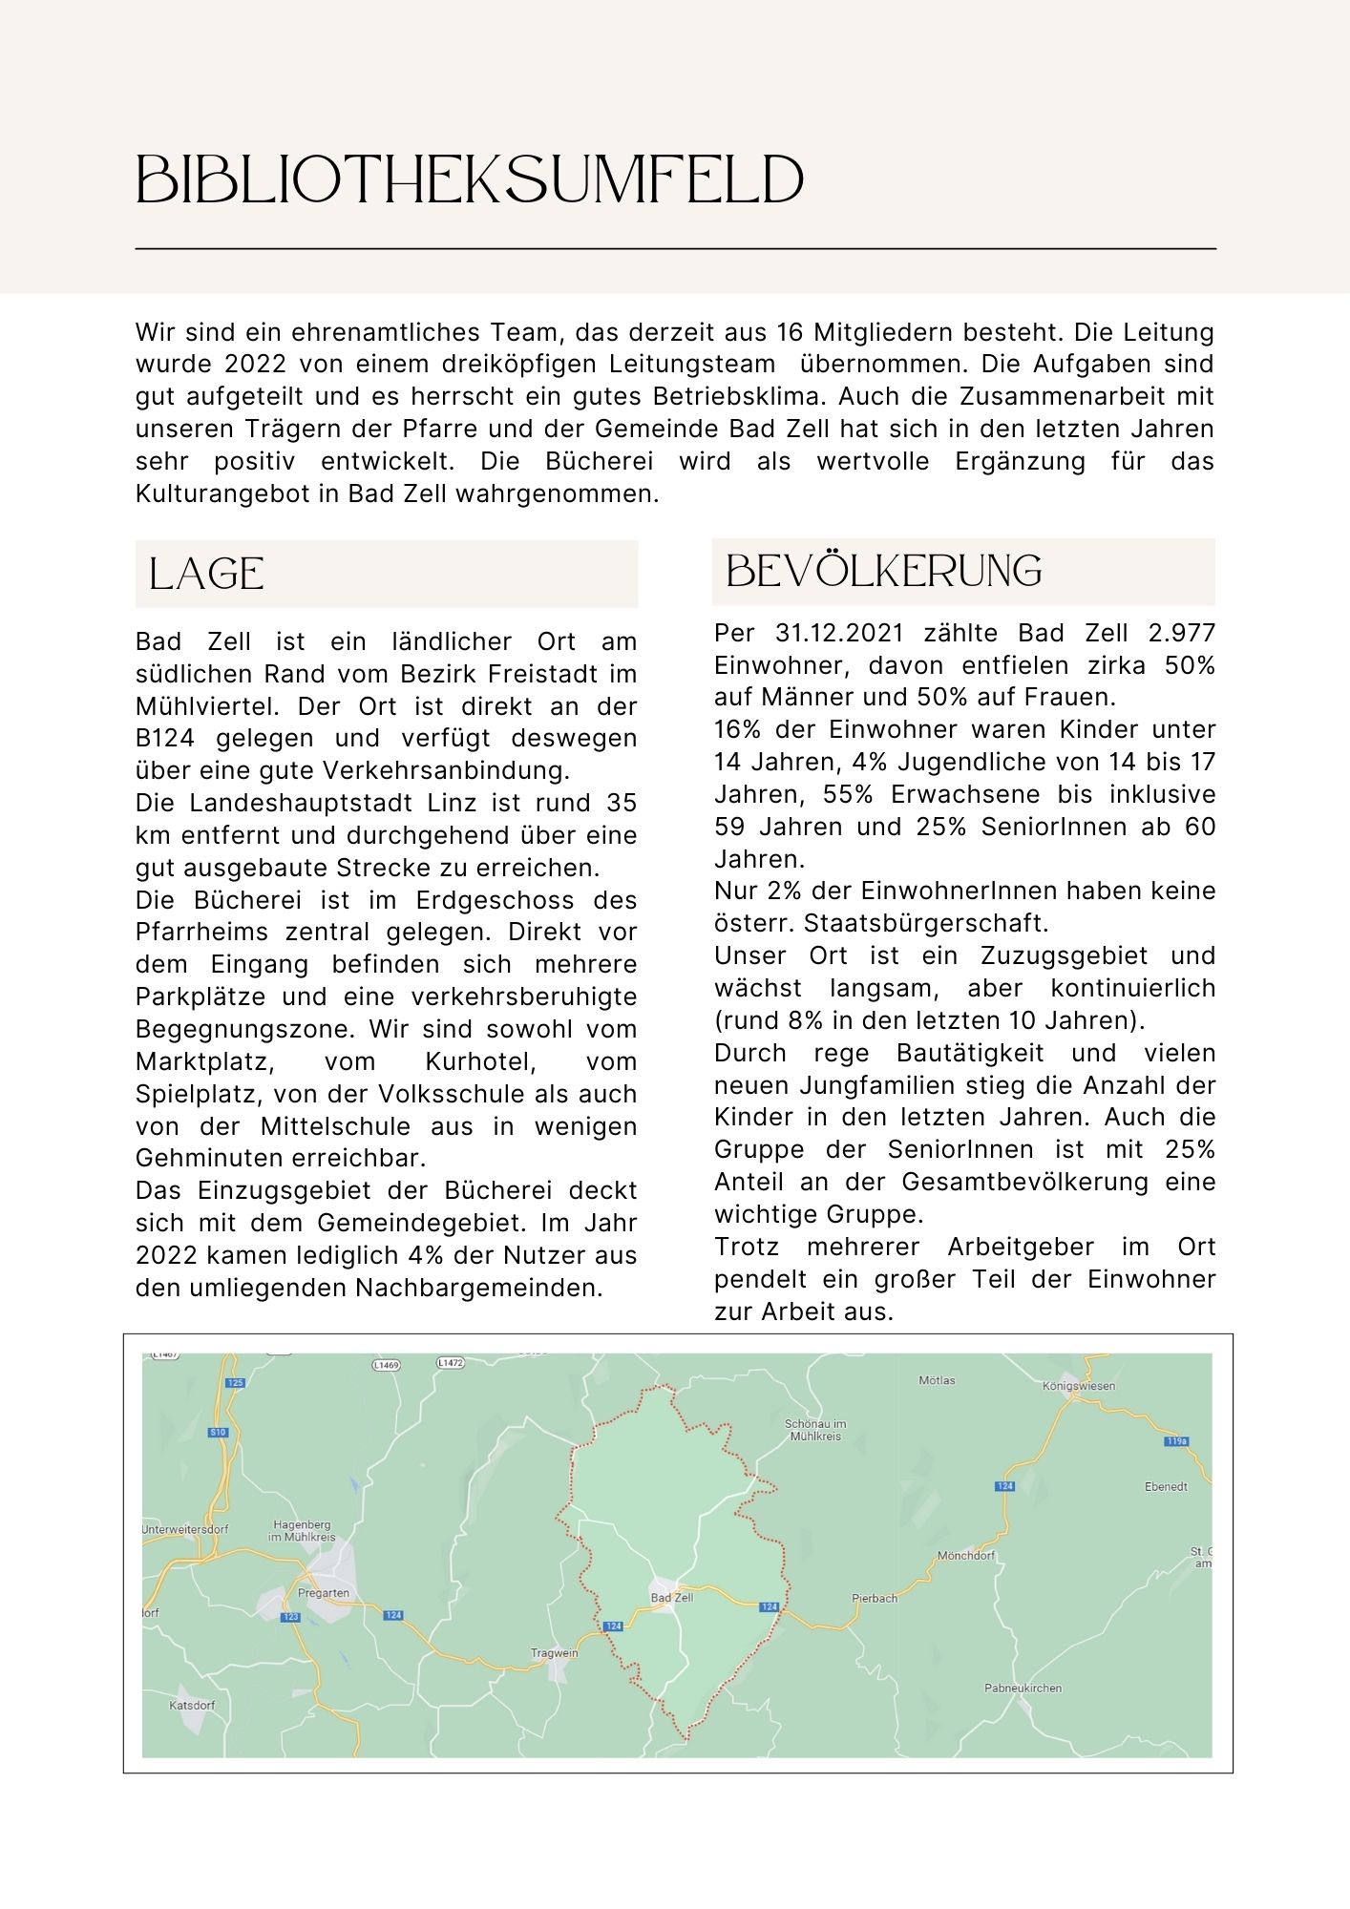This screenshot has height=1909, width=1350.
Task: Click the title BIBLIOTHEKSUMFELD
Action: coord(470,179)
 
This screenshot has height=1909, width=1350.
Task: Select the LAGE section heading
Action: coord(206,574)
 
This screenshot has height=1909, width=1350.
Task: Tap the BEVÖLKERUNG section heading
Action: coord(884,571)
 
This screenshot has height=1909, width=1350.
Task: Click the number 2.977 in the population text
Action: coord(1182,634)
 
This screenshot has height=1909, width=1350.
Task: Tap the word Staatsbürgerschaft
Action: coord(926,924)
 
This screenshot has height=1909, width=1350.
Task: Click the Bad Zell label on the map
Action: coord(671,1598)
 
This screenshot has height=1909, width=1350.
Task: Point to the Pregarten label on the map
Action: coord(324,1593)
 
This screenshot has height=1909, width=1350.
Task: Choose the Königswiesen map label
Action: coord(1079,1386)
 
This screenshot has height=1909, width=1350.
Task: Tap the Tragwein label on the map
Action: coord(555,1653)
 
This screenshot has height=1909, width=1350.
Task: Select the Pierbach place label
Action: coord(875,1598)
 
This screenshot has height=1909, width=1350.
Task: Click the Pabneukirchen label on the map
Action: coord(1023,1688)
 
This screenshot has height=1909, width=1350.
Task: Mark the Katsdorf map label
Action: coord(192,1705)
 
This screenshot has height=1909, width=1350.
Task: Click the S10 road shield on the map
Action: coord(218,1432)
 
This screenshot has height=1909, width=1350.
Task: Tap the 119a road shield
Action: coord(1176,1441)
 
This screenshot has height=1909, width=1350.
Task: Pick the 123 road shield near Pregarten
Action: coord(291,1617)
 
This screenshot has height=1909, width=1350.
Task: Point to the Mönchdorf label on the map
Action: coord(965,1556)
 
